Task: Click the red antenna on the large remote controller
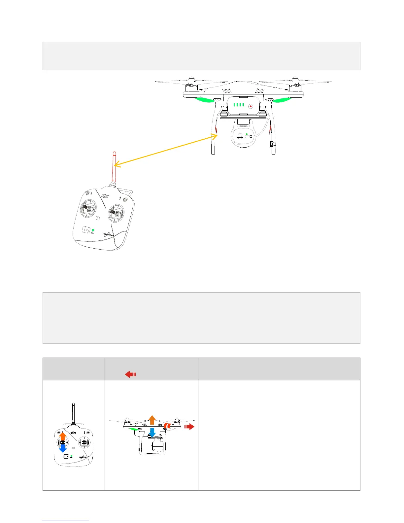[x=114, y=167]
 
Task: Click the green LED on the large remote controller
[x=93, y=230]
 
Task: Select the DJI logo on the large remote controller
[x=105, y=196]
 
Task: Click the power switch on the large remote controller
[x=86, y=229]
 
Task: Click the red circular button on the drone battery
[x=251, y=106]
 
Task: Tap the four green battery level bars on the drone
[x=239, y=105]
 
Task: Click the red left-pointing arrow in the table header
[x=131, y=374]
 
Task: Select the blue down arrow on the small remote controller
[x=63, y=448]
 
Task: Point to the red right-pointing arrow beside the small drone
[x=189, y=427]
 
